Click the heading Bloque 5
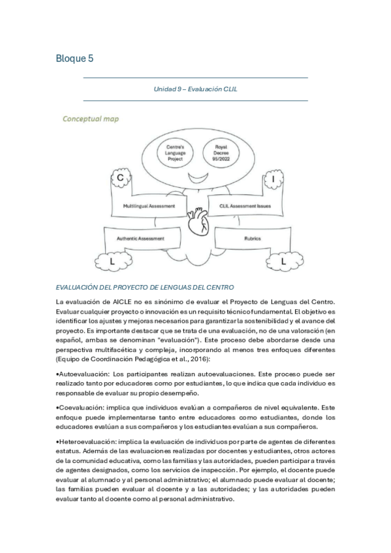[74, 59]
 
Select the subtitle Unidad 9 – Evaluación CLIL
[195, 89]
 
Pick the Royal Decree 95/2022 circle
[221, 153]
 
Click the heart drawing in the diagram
[196, 227]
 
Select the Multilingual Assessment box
[148, 205]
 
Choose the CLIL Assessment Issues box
[245, 205]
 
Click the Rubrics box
[253, 239]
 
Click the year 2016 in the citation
[187, 359]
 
